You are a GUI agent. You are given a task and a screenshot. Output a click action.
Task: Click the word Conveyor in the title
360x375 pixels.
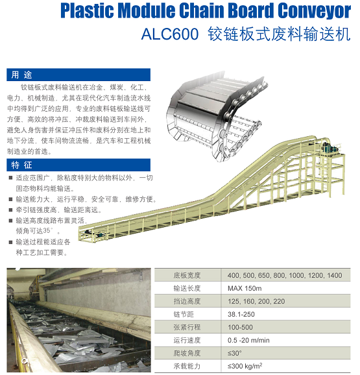(314, 11)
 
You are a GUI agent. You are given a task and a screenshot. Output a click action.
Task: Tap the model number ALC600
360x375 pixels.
(170, 34)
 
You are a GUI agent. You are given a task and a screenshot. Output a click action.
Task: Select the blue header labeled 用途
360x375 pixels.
(78, 75)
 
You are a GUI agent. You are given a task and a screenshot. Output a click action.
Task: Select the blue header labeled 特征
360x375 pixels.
(78, 165)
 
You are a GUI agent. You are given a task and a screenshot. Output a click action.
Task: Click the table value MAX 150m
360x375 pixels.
(245, 288)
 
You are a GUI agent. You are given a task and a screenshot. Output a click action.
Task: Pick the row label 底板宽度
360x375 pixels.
(187, 275)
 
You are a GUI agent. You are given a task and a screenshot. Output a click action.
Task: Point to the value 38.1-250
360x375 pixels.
(241, 314)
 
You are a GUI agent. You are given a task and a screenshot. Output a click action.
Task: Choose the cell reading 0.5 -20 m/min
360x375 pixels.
(248, 340)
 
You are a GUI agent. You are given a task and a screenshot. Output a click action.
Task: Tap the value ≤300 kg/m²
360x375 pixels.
(245, 366)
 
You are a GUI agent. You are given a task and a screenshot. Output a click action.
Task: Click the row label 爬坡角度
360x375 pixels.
(187, 353)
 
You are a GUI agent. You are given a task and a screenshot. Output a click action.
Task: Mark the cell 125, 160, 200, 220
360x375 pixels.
(256, 301)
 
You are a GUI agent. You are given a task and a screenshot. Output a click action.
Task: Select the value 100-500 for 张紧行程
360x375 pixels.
(240, 327)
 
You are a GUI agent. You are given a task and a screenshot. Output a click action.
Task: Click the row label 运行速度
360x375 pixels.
(187, 340)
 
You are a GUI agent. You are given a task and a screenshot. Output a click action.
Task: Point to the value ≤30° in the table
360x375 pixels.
(235, 353)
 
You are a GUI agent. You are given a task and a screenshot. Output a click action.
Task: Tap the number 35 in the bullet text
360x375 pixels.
(47, 231)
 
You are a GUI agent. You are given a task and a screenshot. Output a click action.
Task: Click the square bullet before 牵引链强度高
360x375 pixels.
(10, 210)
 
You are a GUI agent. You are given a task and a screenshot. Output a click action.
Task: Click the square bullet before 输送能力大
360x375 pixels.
(10, 199)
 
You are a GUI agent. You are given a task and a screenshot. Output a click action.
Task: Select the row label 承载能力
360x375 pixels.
(187, 366)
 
